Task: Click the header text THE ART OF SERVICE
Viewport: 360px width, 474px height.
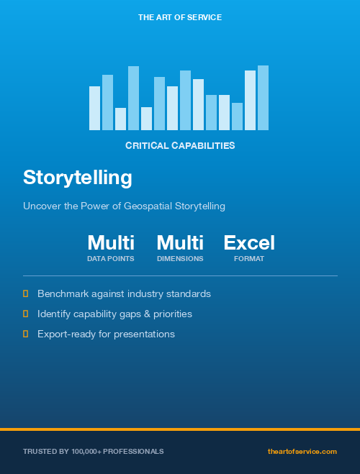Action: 179,17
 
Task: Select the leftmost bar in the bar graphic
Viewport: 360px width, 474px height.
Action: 94,108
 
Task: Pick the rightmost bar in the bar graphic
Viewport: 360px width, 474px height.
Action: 263,98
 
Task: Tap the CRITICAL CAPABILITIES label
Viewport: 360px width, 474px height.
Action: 180,145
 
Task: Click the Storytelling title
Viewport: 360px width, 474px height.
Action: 78,177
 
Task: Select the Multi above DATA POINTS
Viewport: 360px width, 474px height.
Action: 111,242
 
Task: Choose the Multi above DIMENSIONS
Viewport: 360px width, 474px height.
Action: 180,242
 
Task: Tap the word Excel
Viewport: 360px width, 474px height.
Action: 249,242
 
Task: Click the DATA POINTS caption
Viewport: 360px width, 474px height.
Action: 111,258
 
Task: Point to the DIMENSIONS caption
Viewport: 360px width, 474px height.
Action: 180,258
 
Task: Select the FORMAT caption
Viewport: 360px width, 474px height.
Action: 249,258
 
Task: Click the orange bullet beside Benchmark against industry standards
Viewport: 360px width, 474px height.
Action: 26,293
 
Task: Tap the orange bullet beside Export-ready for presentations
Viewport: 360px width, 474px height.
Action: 26,334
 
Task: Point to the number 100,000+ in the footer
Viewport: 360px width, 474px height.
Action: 89,451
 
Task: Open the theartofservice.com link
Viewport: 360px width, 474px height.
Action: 302,451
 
